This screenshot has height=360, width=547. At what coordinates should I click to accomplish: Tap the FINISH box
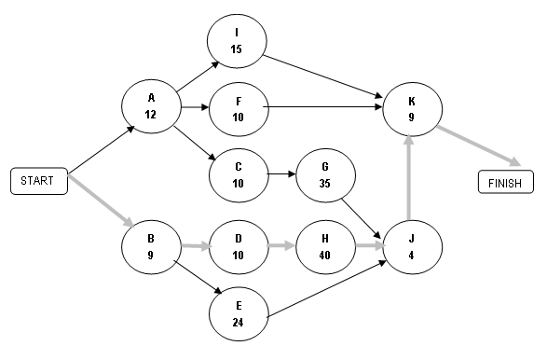pos(505,182)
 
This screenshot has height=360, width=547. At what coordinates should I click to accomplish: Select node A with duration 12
pos(151,106)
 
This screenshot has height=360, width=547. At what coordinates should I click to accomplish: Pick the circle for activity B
pos(151,247)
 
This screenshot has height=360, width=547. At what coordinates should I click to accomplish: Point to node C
pos(239,174)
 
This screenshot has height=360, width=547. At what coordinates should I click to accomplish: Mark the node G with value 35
pos(325,175)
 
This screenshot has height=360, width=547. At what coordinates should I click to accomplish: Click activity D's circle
pos(239,247)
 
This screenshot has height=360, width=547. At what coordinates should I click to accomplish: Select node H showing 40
pos(325,247)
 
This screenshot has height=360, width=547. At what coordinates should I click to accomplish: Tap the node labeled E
pos(239,315)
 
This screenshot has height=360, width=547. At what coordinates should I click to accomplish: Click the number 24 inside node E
pos(239,323)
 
